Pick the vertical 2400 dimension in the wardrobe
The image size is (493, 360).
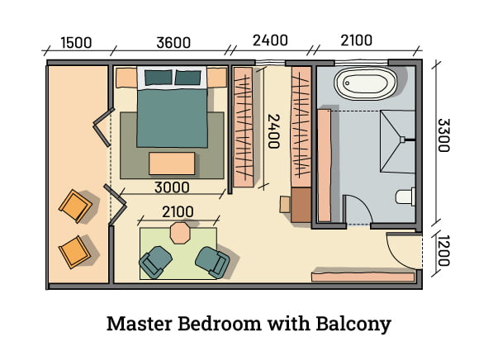coord(272,130)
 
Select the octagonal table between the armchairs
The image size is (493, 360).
coord(179,233)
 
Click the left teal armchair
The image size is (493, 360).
coord(155,262)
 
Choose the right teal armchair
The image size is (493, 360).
coord(211,262)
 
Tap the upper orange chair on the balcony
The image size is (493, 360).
coord(78,205)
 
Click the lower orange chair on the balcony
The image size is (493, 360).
coord(73,249)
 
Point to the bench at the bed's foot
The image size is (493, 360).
coord(172,163)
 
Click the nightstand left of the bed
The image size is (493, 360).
coord(125,78)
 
